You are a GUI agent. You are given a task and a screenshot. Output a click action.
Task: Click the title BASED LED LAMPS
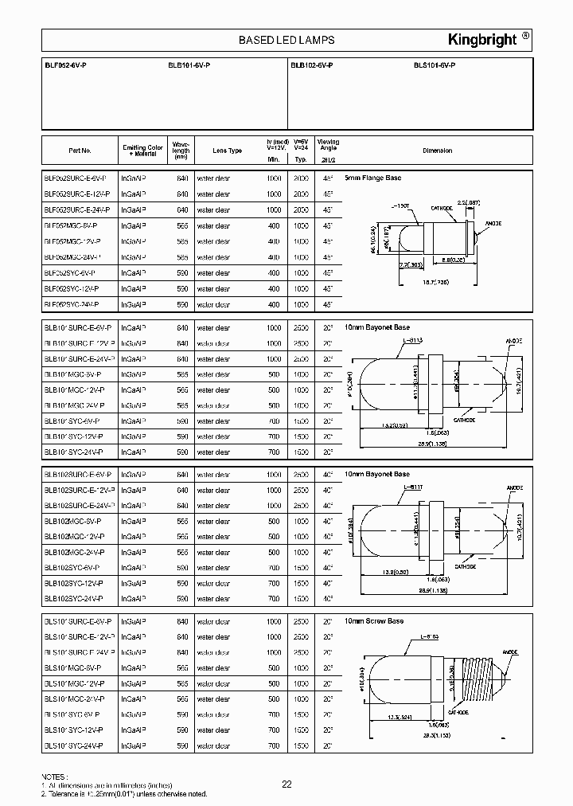(x=286, y=40)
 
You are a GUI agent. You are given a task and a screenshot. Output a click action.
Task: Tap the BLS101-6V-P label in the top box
(x=435, y=65)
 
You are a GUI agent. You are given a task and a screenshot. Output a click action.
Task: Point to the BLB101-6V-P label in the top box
(x=189, y=65)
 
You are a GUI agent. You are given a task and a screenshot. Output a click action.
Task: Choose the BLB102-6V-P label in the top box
(x=312, y=65)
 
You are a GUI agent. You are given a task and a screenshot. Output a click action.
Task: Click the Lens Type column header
(x=227, y=151)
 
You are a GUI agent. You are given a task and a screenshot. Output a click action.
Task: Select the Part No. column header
(x=80, y=151)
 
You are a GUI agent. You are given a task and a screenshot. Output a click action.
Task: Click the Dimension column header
(x=437, y=151)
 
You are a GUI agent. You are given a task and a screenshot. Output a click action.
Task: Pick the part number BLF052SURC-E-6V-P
(x=80, y=178)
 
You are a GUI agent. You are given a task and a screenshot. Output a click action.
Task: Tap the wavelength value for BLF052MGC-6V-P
(x=182, y=225)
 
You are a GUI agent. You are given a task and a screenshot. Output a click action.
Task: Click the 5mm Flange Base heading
(x=372, y=179)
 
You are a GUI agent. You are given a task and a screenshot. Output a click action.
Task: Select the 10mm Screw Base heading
(x=374, y=620)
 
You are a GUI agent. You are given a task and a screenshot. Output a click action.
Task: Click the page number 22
(x=286, y=784)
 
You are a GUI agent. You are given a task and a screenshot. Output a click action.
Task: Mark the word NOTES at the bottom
(x=54, y=775)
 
